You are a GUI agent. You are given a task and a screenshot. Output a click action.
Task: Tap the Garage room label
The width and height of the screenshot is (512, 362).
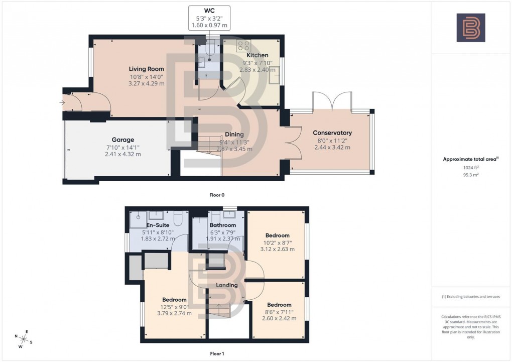click(122, 140)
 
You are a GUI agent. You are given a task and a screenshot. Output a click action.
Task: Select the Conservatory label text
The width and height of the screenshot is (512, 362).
click(332, 133)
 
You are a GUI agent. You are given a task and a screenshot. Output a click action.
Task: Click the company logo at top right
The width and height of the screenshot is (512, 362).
click(470, 28)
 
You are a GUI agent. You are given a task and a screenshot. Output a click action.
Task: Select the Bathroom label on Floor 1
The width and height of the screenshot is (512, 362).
click(223, 225)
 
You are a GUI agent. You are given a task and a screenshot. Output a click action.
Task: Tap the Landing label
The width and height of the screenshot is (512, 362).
click(226, 285)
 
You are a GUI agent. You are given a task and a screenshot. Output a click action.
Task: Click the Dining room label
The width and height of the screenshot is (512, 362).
click(234, 135)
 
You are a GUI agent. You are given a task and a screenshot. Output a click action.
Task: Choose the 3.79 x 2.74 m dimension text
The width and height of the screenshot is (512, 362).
click(173, 314)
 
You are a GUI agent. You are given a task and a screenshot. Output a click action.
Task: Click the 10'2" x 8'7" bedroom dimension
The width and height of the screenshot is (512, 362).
click(278, 242)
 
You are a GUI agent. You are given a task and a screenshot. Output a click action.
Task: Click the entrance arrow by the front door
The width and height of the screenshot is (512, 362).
click(62, 103)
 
